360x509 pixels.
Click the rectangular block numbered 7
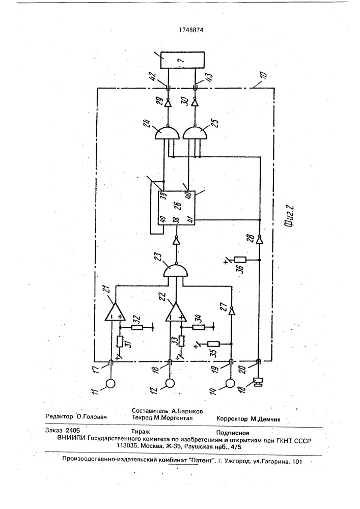click(183, 61)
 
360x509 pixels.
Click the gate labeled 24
click(168, 133)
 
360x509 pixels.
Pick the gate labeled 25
click(195, 133)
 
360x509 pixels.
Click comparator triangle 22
click(176, 313)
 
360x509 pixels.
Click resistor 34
click(199, 328)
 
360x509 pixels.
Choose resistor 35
click(213, 344)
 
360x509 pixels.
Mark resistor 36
click(240, 260)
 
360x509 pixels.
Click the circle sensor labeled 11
click(110, 384)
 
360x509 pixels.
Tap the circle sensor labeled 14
click(231, 384)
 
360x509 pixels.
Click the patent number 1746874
click(191, 30)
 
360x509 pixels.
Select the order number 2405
click(73, 431)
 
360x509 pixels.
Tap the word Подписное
click(233, 433)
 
